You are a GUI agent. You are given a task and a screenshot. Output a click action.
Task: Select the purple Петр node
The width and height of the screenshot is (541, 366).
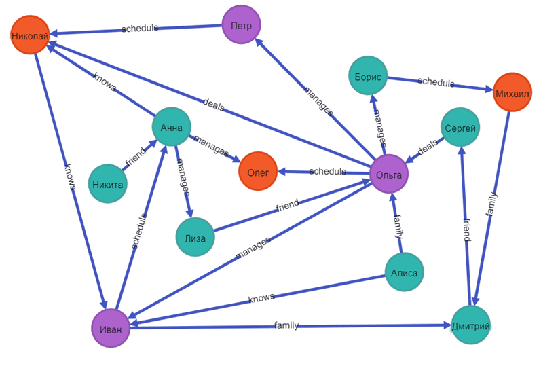(x=242, y=24)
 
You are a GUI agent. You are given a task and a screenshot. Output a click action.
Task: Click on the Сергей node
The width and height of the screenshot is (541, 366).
(x=461, y=127)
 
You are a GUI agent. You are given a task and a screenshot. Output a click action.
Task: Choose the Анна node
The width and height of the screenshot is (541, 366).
(x=171, y=127)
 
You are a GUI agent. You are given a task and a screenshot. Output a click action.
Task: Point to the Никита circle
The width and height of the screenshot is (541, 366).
(x=108, y=183)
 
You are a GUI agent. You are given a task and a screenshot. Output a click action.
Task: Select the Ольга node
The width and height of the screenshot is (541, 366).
(x=389, y=175)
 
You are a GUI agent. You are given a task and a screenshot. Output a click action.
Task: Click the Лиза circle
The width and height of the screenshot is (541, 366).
(x=195, y=237)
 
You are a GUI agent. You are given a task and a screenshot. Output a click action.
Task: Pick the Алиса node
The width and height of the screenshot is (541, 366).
(x=405, y=272)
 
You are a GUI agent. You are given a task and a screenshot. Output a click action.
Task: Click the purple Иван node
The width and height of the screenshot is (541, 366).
(x=111, y=328)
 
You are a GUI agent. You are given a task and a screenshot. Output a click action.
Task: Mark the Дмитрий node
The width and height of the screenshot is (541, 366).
(x=470, y=326)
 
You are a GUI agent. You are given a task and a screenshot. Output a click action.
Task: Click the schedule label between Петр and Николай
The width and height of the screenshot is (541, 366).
(x=139, y=29)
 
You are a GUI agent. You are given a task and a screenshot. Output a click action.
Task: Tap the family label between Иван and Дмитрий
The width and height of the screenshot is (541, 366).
(x=286, y=326)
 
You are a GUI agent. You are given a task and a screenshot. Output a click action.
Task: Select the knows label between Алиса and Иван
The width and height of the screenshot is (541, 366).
(x=261, y=298)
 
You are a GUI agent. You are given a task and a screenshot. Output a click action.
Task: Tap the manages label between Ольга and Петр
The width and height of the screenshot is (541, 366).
(x=318, y=101)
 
